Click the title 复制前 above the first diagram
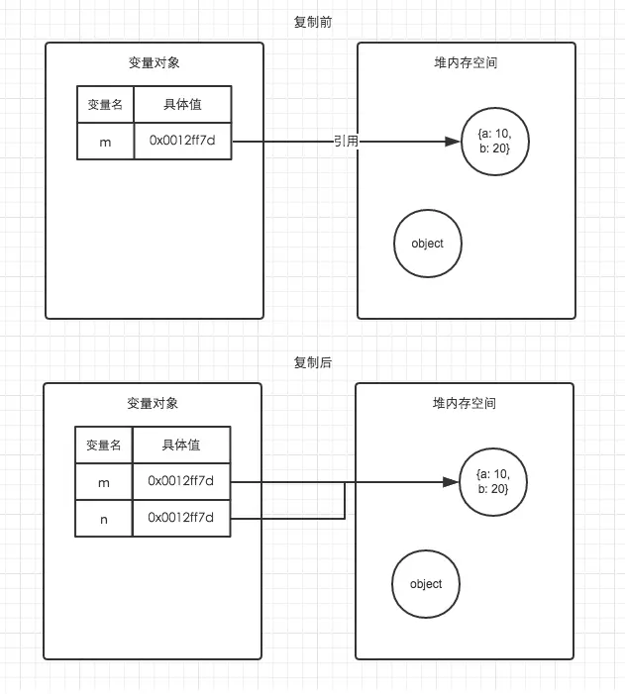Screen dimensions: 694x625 coord(313,21)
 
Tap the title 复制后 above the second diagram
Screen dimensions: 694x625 coord(313,362)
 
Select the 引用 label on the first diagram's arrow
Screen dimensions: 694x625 coord(346,142)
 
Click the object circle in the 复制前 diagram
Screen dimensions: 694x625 coord(427,244)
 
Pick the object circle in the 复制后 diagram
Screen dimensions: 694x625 coord(426,584)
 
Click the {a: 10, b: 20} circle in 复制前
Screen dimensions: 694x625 coord(494,142)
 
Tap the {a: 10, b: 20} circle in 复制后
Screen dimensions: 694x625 coord(492,483)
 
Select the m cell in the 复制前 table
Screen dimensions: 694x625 coord(106,142)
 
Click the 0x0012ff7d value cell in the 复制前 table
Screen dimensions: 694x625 coord(183,142)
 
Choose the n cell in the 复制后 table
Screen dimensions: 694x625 coord(104,518)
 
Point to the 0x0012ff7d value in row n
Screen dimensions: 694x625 coord(181,518)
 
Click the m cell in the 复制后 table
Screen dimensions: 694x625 coord(104,481)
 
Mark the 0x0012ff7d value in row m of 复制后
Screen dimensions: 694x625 coord(181,481)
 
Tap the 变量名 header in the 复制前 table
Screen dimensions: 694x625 coord(106,104)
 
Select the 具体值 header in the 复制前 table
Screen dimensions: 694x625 coord(183,104)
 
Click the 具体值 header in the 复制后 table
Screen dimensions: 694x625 coord(181,445)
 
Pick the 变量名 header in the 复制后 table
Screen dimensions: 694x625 coord(104,445)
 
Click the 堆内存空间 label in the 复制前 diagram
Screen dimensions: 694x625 coord(466,62)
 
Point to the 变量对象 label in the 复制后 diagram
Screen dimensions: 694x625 coord(153,403)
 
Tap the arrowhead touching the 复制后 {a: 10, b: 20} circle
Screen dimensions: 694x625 coord(453,483)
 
